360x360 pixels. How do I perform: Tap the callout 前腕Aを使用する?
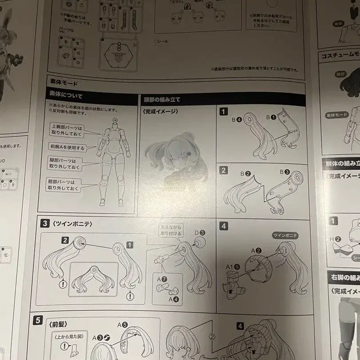(67, 147)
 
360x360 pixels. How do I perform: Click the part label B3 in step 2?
(284, 172)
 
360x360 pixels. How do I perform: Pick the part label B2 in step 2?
(245, 173)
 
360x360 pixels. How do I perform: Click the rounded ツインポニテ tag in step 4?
(285, 235)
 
